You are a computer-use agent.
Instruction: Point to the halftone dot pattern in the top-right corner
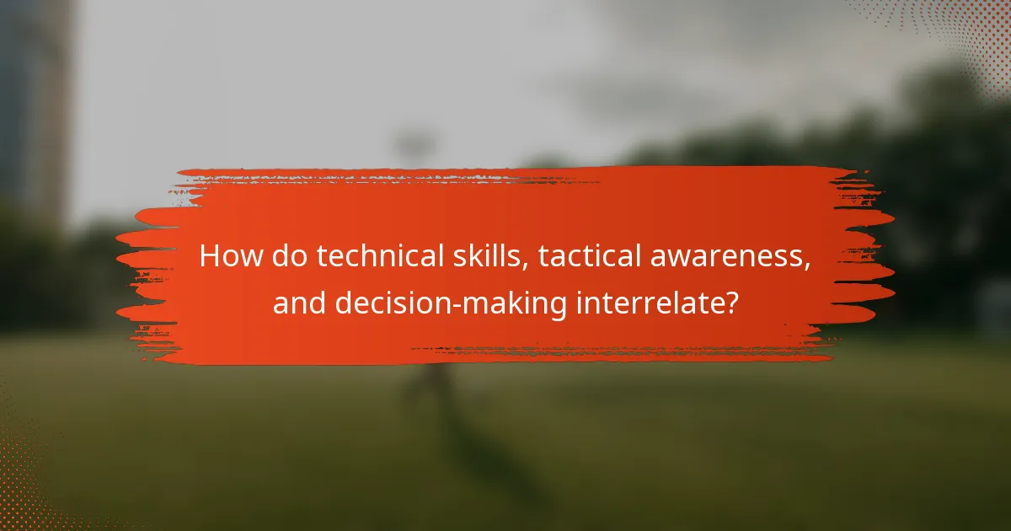pos(960,34)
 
